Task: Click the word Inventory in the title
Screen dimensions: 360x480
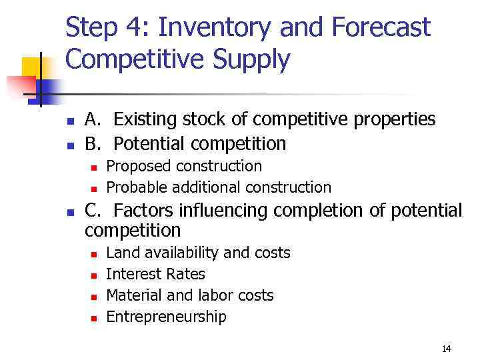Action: coord(215,28)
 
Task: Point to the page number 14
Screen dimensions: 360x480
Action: coord(446,349)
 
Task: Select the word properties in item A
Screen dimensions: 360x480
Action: coord(395,120)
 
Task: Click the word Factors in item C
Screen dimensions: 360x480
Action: coord(145,211)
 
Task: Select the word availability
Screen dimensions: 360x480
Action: coord(177,253)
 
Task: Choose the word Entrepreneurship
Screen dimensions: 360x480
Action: coord(166,317)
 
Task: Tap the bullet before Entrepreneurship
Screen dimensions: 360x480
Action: coord(93,318)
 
